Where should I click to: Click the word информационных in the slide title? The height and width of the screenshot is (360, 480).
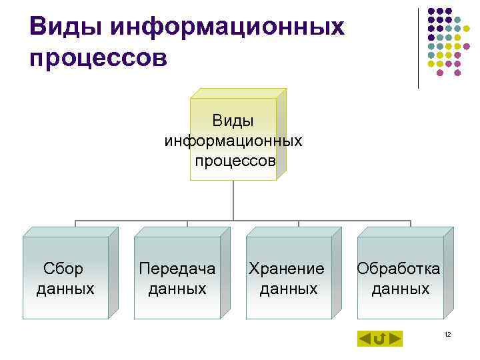[x=227, y=27]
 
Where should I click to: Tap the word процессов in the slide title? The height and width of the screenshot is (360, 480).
[x=99, y=58]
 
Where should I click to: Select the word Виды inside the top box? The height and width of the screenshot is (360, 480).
[x=233, y=121]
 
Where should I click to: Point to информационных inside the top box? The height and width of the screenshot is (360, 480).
[x=233, y=141]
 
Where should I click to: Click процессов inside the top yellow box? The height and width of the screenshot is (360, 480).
[x=235, y=161]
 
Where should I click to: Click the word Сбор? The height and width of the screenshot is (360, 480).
[x=64, y=269]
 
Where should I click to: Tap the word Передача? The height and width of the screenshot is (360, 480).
[x=177, y=269]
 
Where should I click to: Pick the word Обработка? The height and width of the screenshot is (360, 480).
[x=399, y=269]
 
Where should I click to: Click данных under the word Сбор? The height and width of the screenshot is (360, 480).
[x=65, y=289]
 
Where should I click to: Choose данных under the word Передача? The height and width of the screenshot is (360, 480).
[x=177, y=289]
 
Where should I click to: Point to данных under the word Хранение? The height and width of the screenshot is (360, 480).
[x=288, y=289]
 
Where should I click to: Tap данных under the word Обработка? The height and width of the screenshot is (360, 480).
[x=400, y=289]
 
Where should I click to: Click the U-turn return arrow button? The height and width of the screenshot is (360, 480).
[x=379, y=339]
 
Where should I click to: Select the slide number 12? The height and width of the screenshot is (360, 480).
[x=447, y=333]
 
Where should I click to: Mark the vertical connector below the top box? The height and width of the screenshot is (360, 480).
[x=233, y=200]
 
